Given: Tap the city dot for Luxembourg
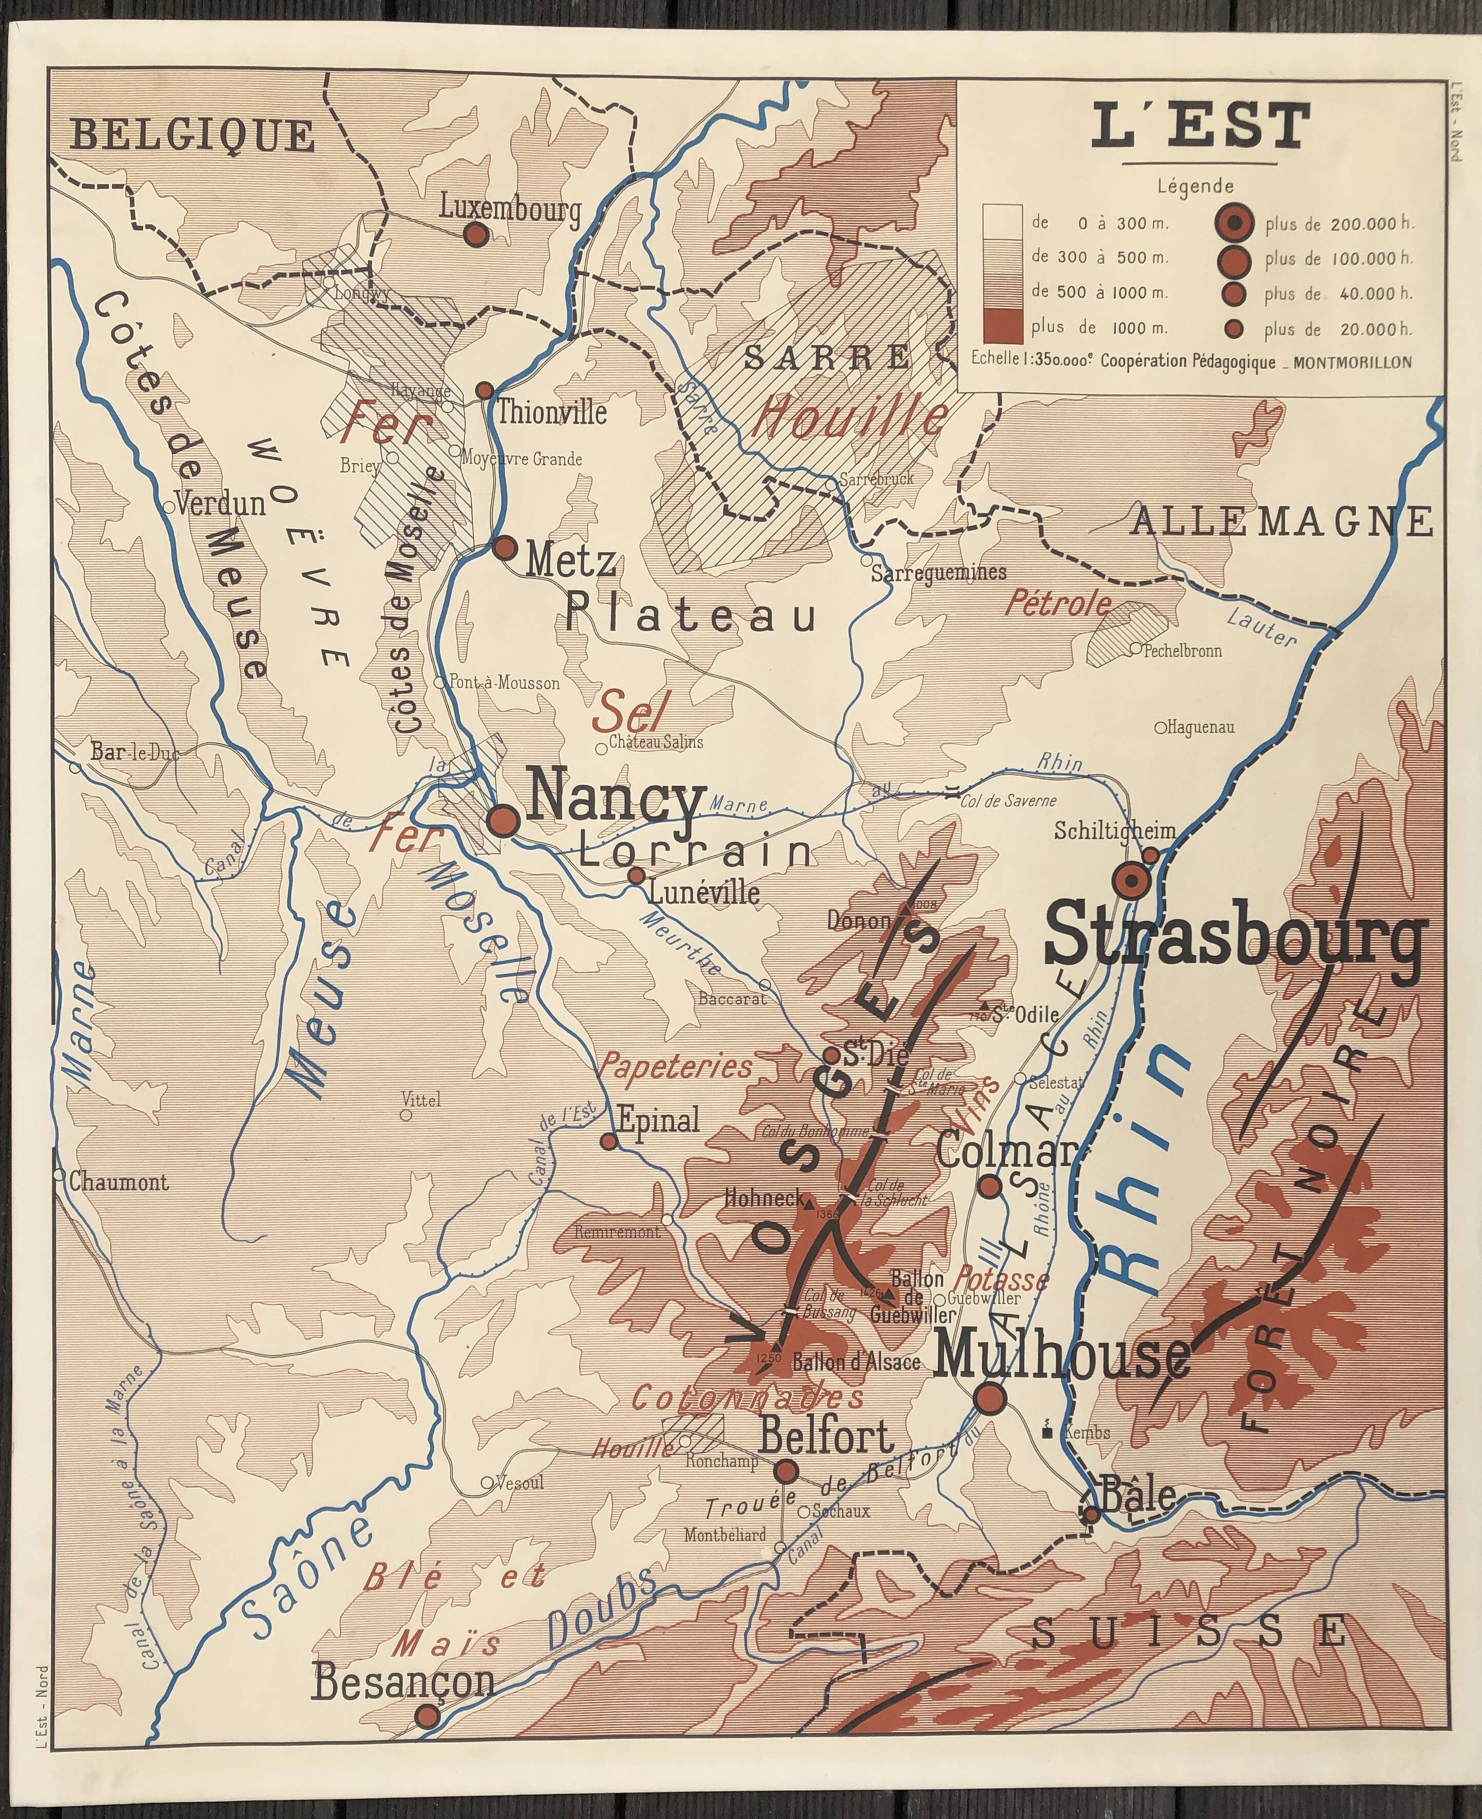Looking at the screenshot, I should pyautogui.click(x=475, y=235).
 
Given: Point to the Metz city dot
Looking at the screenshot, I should pyautogui.click(x=505, y=547).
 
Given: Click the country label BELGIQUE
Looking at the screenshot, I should pyautogui.click(x=192, y=135).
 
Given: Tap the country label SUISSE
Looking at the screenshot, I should pyautogui.click(x=1191, y=1632).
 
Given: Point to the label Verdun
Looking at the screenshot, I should pyautogui.click(x=220, y=504).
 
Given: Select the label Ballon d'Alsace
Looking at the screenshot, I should pyautogui.click(x=856, y=1362).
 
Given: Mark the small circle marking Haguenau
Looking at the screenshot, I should pyautogui.click(x=1160, y=728).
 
